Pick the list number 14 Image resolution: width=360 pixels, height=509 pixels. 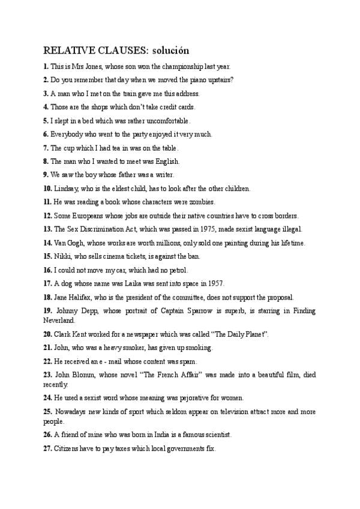click(47, 242)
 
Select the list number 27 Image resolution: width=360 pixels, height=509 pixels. click(47, 448)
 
